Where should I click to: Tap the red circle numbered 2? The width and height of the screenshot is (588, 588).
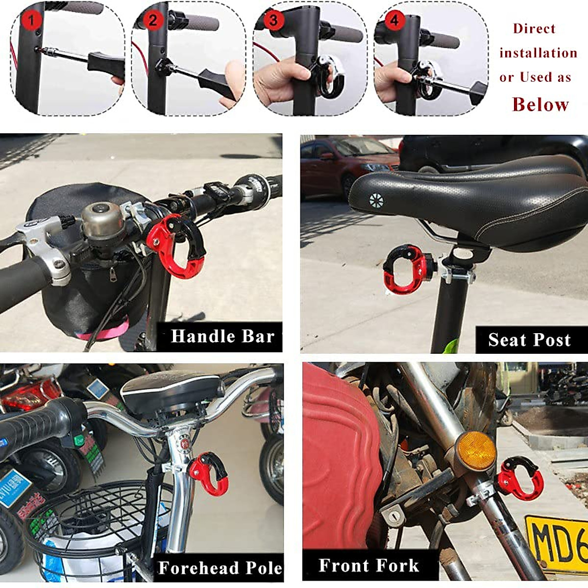153,21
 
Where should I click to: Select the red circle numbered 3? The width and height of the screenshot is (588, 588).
273,21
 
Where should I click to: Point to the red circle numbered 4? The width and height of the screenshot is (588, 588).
395,21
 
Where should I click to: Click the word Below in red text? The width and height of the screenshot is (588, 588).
540,104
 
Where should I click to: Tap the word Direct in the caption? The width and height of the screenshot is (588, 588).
534,28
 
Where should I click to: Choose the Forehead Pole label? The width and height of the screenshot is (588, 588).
220,568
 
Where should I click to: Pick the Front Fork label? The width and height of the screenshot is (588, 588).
369,565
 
